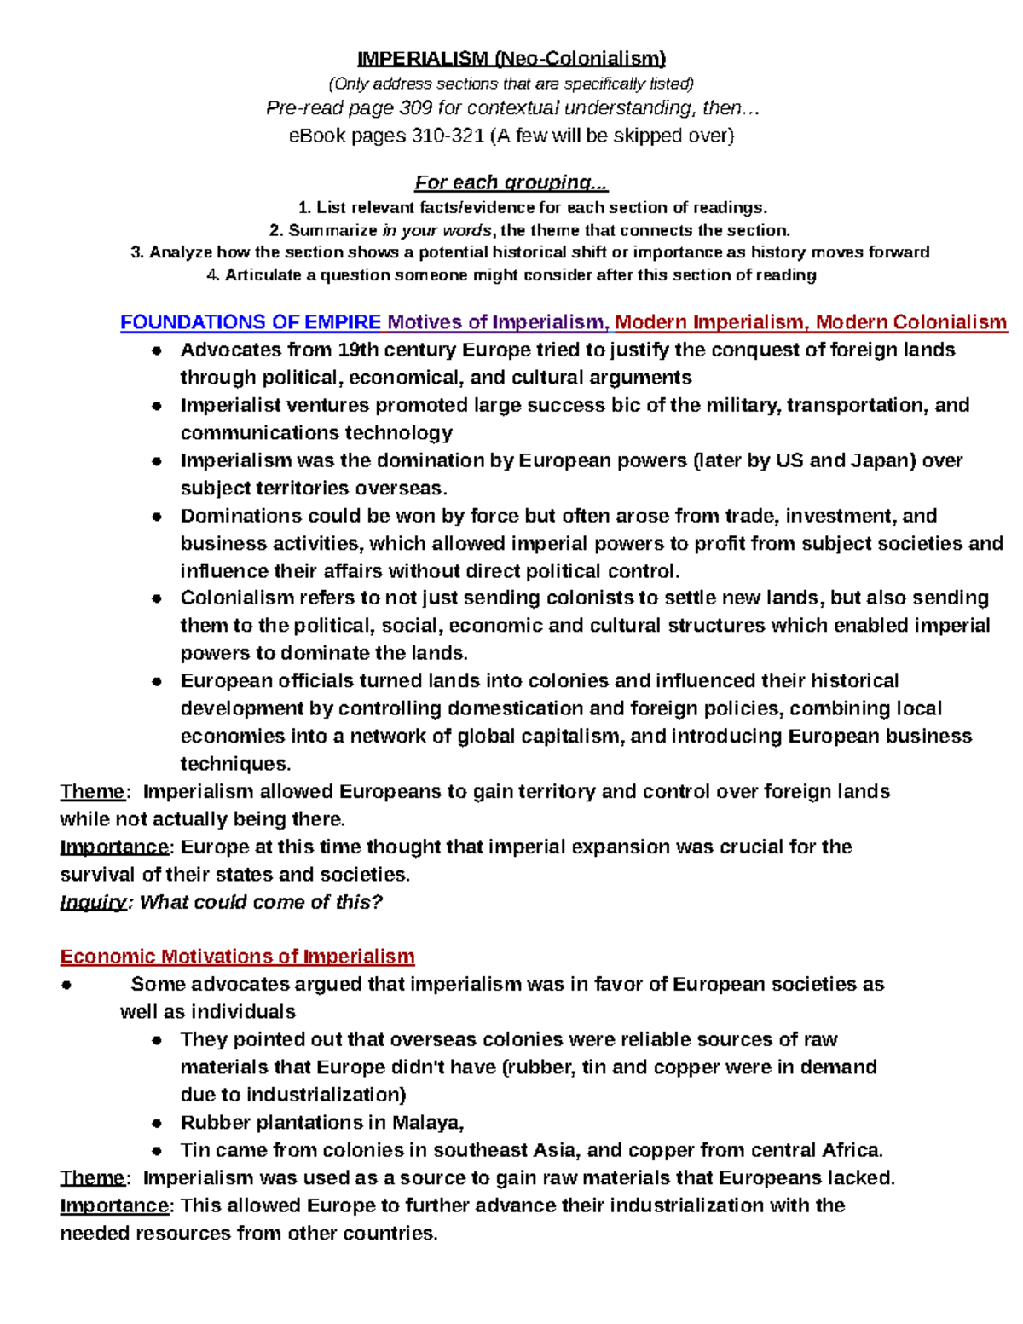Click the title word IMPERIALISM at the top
422,59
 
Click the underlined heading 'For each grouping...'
511,182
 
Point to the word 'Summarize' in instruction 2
332,230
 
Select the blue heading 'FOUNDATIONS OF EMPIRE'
251,322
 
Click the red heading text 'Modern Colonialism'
910,322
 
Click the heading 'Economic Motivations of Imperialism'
237,957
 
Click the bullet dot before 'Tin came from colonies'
157,1150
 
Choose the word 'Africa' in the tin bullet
850,1150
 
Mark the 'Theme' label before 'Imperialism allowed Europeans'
92,791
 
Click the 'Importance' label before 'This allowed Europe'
114,1205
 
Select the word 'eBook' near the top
317,136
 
